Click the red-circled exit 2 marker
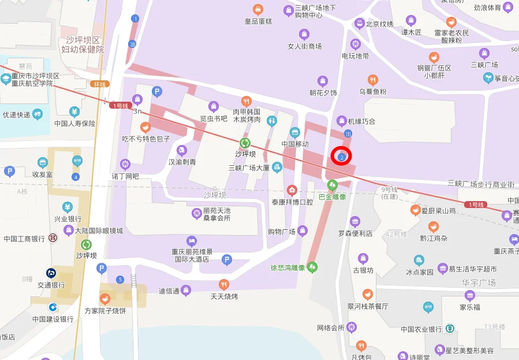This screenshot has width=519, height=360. pos(342,157)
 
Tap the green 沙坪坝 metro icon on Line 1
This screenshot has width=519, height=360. pos(245,143)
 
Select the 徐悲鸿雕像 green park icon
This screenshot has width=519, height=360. pos(312,267)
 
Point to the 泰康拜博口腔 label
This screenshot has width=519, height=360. pos(292,202)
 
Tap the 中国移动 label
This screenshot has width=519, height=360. pos(295,144)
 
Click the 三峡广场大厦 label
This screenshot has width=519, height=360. pos(249,168)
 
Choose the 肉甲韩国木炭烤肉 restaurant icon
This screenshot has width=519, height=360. pos(247,101)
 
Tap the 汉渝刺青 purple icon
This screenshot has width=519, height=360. pos(182,150)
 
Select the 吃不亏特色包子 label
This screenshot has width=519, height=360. pos(146,139)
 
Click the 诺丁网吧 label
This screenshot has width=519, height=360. pos(125,176)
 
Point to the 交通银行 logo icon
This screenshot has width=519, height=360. pos(51,273)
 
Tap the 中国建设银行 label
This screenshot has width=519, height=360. pos(53,319)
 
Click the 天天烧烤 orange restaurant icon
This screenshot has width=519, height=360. pos(224,284)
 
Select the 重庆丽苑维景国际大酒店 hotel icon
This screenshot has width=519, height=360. pos(192,241)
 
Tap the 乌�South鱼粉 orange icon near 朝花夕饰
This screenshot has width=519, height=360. pos(373,80)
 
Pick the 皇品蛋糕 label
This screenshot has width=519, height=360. pos(258,21)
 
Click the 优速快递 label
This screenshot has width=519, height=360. pos(16,115)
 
